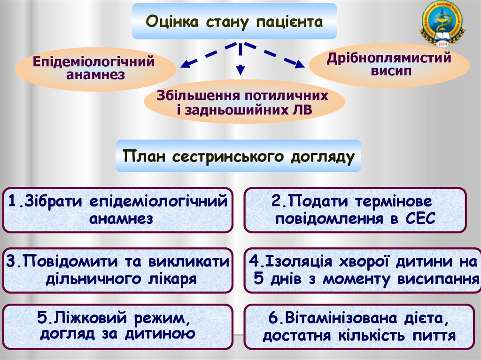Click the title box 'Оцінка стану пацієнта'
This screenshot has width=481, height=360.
pos(234,21)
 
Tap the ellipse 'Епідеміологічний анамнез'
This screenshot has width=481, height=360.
pos(94,68)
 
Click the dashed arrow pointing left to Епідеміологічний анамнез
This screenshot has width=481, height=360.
pos(202,56)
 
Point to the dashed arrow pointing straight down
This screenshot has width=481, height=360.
pos(240,61)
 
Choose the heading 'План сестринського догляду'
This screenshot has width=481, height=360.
pos(239,156)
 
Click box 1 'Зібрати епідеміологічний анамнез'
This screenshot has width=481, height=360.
pos(117,210)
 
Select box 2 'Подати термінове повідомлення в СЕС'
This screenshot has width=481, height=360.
pos(355,210)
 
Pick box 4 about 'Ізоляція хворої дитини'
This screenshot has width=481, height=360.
pos(362,270)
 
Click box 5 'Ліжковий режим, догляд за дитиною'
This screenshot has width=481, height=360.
pos(117,326)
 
